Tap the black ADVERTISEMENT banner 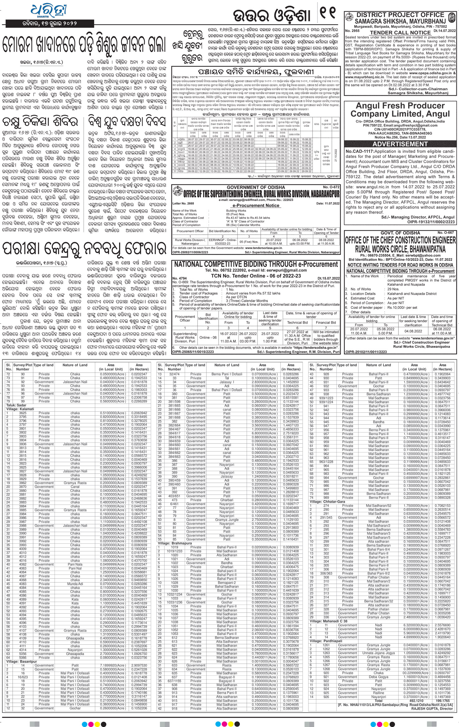pyautogui.click(x=400, y=144)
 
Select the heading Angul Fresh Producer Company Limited pyautogui.click(x=400, y=110)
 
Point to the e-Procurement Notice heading pyautogui.click(x=256, y=205)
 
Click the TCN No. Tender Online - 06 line pyautogui.click(x=256, y=276)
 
